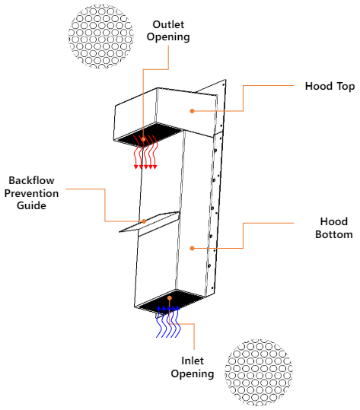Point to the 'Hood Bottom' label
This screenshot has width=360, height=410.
point(334,227)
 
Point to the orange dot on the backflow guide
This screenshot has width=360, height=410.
point(144,222)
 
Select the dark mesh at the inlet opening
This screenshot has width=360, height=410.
point(169,302)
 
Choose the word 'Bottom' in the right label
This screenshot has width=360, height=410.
point(334,234)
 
